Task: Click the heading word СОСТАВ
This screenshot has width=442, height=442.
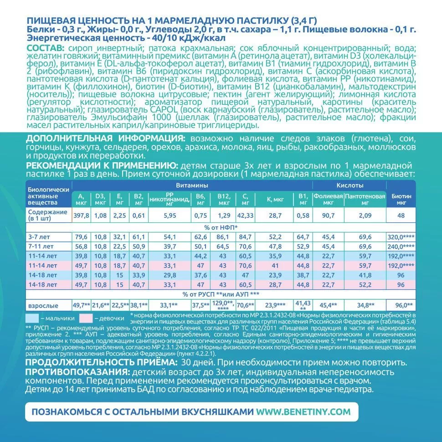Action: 44,49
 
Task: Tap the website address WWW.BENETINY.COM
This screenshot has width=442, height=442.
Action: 303,412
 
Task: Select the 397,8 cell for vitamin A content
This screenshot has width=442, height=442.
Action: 81,215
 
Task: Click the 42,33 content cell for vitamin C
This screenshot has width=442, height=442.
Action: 246,215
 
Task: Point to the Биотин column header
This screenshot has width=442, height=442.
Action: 401,199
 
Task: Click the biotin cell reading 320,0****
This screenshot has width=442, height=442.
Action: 401,236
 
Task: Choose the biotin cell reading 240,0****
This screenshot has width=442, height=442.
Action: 401,246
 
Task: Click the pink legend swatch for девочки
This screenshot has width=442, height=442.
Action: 89,318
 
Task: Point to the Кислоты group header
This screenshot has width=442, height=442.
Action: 349,185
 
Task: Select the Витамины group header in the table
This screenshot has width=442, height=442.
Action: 192,185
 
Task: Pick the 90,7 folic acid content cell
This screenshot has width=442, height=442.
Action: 327,215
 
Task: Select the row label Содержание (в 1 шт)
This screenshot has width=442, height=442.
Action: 47,215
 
